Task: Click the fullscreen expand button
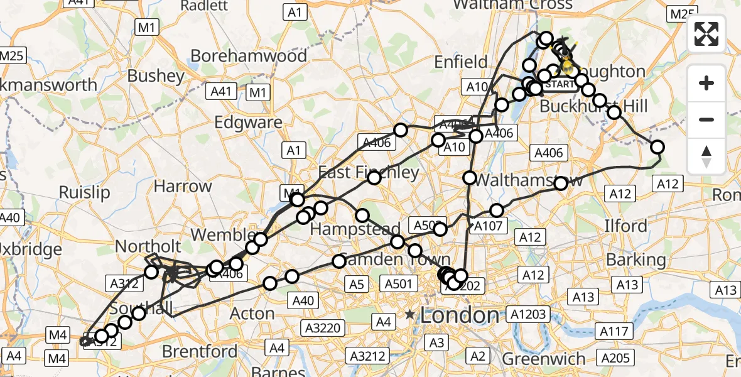(x=706, y=34)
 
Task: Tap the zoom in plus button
(x=706, y=83)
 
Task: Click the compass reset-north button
(x=706, y=156)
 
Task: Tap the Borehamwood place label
(x=249, y=56)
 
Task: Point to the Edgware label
(x=248, y=123)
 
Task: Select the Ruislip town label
(x=84, y=192)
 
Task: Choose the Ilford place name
(x=625, y=226)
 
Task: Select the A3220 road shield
(x=323, y=327)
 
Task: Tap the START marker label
(x=559, y=84)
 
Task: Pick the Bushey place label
(x=156, y=76)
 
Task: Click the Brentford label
(x=200, y=351)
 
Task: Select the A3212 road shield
(x=367, y=357)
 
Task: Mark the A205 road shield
(x=615, y=358)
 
